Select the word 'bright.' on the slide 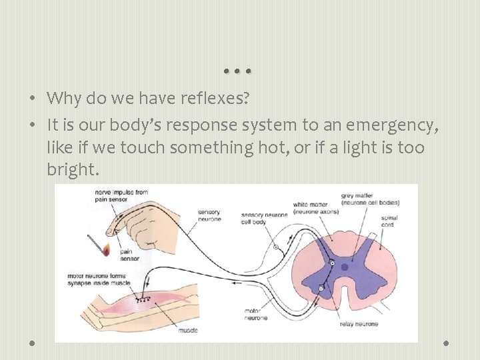(x=73, y=171)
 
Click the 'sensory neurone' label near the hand (x=209, y=216)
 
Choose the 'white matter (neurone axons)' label (x=315, y=207)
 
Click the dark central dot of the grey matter (x=344, y=267)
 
